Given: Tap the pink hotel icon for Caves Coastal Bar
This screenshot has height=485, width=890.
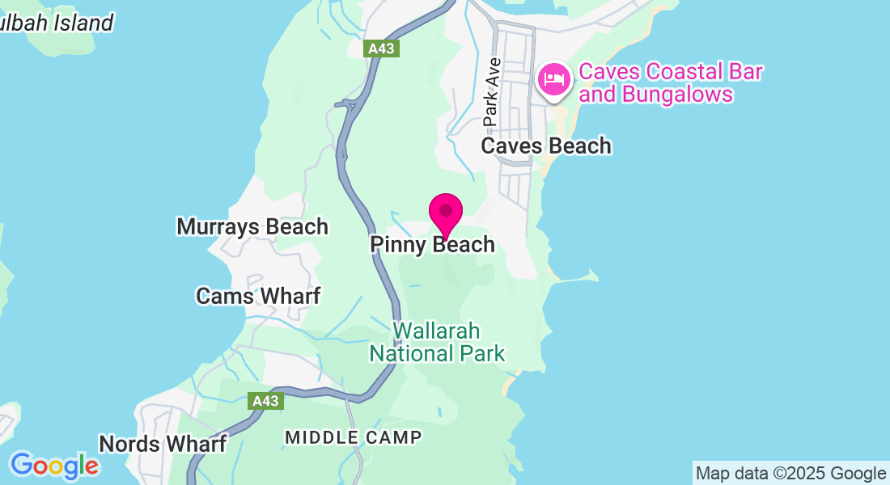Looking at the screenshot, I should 554,79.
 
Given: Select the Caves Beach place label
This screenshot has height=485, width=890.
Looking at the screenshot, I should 546,146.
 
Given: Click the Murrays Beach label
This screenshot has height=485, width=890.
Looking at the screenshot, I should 252,227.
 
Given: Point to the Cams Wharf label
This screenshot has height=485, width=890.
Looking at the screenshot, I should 258,296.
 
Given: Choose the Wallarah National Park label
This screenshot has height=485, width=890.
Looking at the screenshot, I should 437,343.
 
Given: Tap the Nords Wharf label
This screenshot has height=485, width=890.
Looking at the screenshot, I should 163,444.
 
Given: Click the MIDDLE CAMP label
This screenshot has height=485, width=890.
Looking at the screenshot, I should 354,437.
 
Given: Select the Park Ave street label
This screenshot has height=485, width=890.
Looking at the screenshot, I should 492,91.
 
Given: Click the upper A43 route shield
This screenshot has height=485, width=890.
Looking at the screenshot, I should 381,48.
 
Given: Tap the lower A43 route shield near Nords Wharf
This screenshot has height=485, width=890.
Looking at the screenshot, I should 265,401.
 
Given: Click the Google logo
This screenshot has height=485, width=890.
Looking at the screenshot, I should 54,466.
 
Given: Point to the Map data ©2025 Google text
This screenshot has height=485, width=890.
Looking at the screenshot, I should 790,474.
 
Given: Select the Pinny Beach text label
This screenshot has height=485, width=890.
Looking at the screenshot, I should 432,244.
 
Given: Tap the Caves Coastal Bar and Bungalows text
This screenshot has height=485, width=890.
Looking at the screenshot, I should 671,83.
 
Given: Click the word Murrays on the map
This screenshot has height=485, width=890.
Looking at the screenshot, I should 212,227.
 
